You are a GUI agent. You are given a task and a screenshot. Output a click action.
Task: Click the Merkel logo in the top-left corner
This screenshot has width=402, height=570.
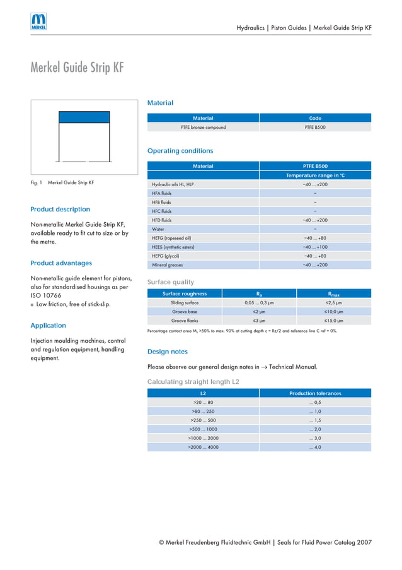(38, 22)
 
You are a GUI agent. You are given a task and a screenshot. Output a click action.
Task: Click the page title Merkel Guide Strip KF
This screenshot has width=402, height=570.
(77, 68)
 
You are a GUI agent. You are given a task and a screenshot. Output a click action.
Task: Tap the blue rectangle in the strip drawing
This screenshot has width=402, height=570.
(84, 117)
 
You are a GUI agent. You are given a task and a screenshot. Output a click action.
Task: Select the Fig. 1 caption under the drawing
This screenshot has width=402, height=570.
(62, 183)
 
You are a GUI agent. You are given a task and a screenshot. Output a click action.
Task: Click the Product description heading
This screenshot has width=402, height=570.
(60, 210)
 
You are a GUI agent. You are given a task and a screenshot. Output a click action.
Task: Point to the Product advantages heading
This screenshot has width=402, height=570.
(61, 263)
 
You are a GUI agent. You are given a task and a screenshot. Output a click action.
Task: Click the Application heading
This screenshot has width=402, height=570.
(48, 326)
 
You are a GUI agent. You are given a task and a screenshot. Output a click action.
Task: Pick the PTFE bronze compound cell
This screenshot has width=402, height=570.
(203, 128)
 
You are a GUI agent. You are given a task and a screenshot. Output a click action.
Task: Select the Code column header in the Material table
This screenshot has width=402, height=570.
(315, 118)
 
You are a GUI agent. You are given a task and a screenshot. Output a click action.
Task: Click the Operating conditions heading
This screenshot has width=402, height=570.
(180, 151)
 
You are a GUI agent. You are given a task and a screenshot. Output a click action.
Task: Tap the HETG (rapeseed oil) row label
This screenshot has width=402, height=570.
(171, 238)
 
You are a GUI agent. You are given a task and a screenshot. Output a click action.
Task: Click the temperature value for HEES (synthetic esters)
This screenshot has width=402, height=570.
(315, 247)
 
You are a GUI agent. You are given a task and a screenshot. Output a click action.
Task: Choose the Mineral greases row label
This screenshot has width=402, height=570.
(167, 265)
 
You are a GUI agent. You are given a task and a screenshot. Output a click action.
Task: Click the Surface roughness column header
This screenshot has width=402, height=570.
(184, 294)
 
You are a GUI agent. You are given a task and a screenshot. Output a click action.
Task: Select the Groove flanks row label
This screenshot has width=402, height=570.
(185, 321)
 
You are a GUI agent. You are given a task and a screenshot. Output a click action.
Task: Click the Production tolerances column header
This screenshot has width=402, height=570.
(315, 393)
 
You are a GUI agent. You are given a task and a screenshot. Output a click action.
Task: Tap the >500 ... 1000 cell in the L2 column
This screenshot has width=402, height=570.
(203, 429)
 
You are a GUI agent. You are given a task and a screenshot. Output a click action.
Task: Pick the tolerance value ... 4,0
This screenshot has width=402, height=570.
(315, 447)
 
